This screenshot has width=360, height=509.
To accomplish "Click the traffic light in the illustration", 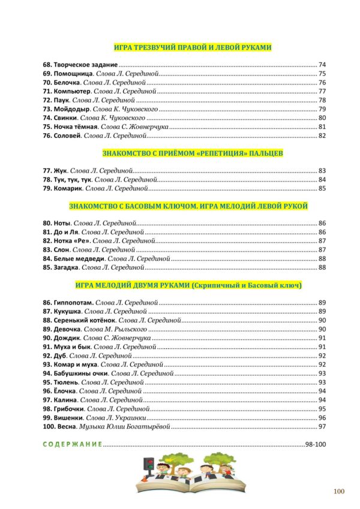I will pyautogui.click(x=148, y=465).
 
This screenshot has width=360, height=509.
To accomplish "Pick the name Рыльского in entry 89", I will pyautogui.click(x=126, y=329).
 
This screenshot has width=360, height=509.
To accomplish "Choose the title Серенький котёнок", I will pyautogui.click(x=89, y=320).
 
